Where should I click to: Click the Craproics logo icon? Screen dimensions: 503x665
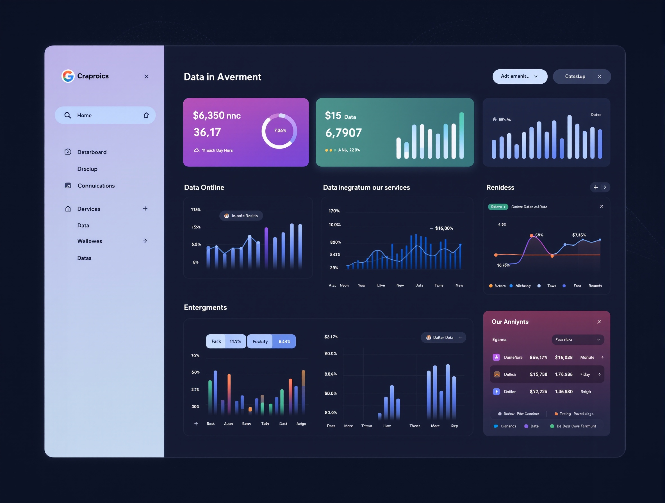(x=68, y=76)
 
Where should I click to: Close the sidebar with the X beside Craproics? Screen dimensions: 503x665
(x=146, y=76)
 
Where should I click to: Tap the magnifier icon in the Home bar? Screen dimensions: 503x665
(x=68, y=115)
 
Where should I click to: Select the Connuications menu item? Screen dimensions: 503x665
(x=96, y=186)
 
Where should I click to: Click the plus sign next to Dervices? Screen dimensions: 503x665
(x=145, y=209)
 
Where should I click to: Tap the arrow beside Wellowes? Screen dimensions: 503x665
(x=145, y=241)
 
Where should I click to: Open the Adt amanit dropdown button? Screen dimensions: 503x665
(x=520, y=76)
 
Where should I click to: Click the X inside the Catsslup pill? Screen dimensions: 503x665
(x=600, y=77)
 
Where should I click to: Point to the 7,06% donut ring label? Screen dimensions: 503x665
(x=280, y=131)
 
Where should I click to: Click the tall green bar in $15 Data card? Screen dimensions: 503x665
(x=461, y=135)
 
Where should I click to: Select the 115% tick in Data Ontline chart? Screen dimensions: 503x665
(x=196, y=209)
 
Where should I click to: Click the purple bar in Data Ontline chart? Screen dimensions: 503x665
(x=266, y=248)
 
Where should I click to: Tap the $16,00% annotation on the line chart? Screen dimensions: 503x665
(x=444, y=228)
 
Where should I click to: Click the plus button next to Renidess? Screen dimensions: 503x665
(x=596, y=187)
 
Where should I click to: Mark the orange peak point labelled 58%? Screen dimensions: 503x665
(x=532, y=235)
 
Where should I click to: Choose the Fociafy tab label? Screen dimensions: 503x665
(x=260, y=341)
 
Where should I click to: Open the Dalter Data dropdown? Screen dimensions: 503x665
(x=443, y=337)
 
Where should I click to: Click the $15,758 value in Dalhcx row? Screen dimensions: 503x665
(x=538, y=374)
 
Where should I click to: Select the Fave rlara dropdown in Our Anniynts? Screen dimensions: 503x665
(x=577, y=340)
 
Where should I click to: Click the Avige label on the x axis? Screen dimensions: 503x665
(x=301, y=424)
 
